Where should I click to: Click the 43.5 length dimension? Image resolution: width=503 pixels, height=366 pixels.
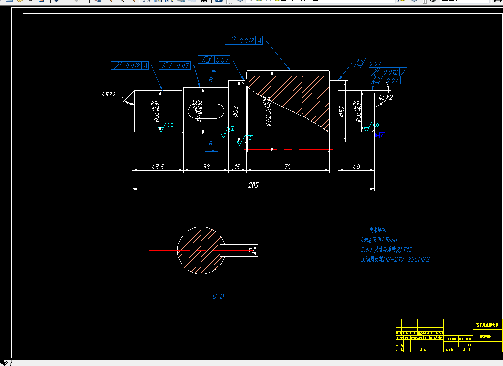coord(157,167)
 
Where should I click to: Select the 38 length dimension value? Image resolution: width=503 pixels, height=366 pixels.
coord(206,167)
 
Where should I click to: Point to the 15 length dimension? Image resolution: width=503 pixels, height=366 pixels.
coord(237,167)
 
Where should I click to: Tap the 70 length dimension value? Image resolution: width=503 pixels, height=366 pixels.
coord(287,167)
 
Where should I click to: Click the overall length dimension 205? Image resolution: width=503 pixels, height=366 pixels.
coord(253,185)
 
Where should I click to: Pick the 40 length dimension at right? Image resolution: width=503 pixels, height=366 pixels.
coord(356,167)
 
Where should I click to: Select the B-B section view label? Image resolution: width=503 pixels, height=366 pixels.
coord(218,296)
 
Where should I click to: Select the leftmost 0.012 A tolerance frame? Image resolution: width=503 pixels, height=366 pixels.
coord(130,66)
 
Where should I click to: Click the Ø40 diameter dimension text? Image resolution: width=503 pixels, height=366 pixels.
coord(199,111)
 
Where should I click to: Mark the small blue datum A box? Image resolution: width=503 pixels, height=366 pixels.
coord(382,135)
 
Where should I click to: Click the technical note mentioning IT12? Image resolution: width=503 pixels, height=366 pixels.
coord(386,250)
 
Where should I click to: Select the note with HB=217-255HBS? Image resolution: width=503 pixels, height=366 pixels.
coord(395,260)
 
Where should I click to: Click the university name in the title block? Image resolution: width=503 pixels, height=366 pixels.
coord(488,325)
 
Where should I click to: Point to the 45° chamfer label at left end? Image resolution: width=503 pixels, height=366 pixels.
coord(108,94)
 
